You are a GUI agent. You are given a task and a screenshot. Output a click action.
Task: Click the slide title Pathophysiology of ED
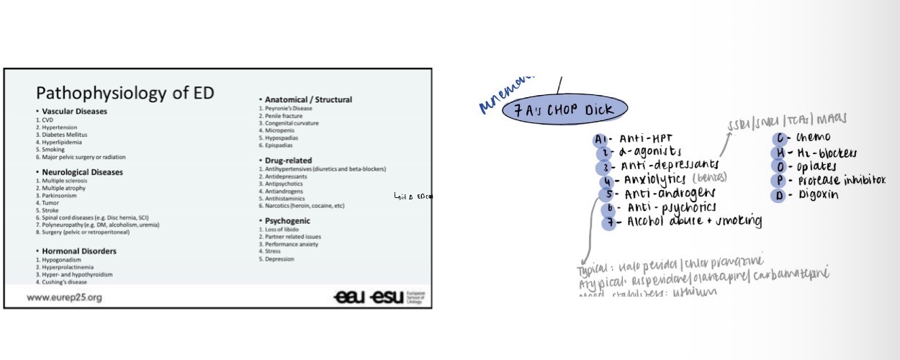point(125,93)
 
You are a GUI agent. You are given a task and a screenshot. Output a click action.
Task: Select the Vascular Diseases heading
point(74,112)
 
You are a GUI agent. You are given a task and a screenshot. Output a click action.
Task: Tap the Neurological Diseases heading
point(82,173)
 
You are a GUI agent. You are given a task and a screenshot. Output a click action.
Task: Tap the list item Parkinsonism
point(60,196)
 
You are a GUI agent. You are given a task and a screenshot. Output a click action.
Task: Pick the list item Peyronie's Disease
point(290,108)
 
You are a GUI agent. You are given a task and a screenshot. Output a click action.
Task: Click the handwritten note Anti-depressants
point(670,166)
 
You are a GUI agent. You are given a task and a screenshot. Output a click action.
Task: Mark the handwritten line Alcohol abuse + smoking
point(694,221)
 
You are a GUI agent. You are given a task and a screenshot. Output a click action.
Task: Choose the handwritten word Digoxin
point(817,195)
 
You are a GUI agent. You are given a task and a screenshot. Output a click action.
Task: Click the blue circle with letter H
point(779,153)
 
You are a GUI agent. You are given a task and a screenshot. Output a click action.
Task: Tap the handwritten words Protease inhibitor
point(840,180)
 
